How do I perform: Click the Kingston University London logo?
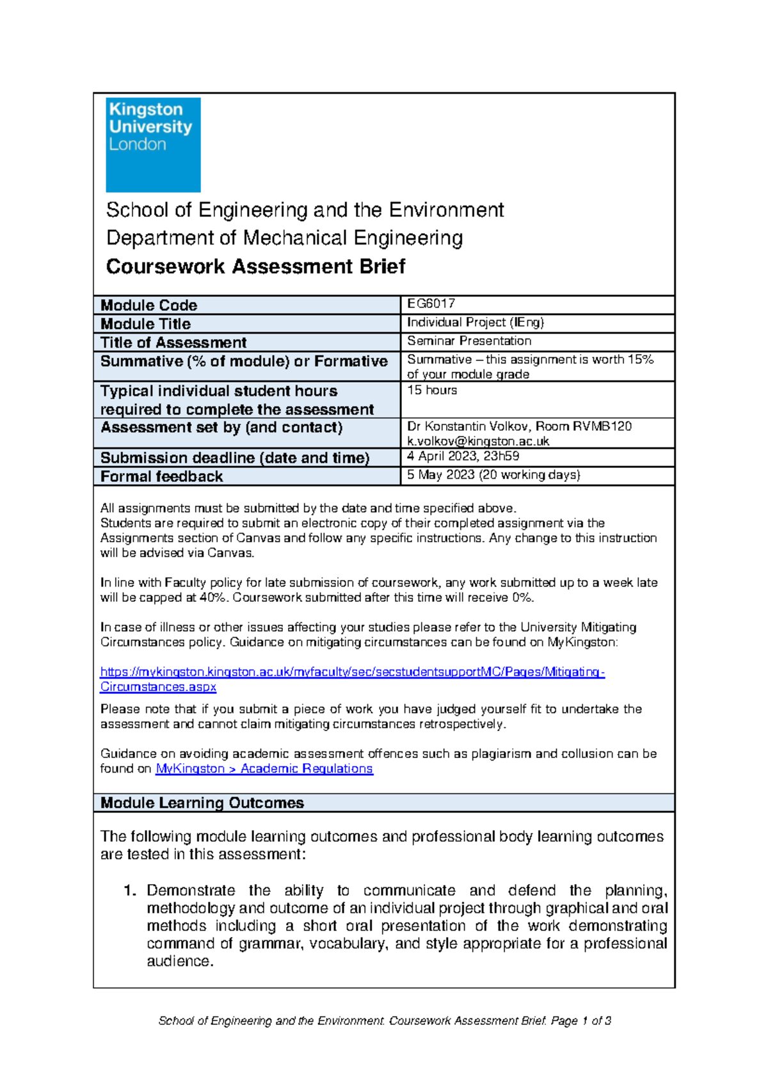tap(153, 145)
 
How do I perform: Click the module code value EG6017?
tap(431, 303)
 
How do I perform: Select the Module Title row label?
tap(146, 324)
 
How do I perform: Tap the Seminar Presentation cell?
tap(469, 341)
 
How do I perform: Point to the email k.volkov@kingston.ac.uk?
tap(478, 441)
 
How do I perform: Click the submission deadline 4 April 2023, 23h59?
tap(463, 456)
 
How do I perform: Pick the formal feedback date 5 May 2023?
tap(441, 475)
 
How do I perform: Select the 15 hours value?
tap(432, 391)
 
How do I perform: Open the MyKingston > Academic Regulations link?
tap(264, 769)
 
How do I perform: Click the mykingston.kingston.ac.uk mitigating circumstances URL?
tap(352, 672)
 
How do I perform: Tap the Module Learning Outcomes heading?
tap(202, 803)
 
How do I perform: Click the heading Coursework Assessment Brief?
tap(255, 266)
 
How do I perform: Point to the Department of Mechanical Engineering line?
tap(284, 238)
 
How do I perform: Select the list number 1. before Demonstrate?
tap(130, 891)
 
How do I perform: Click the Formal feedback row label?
tap(161, 477)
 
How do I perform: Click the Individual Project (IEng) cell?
tap(476, 323)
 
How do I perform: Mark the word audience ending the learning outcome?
tap(178, 962)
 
